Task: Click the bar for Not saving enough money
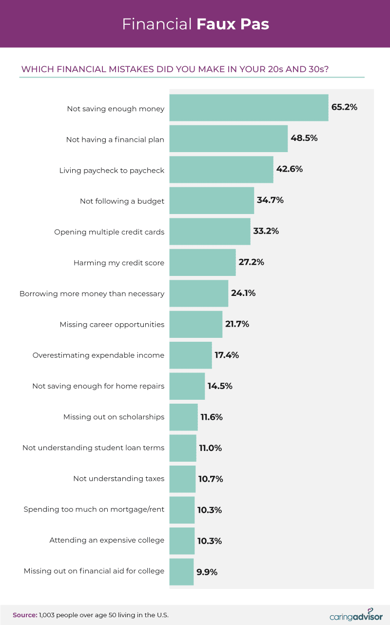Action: (x=249, y=108)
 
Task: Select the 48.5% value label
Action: (x=304, y=138)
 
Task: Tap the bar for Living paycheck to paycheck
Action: (x=221, y=170)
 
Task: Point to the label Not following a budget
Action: (x=122, y=201)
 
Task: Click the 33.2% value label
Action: (x=266, y=231)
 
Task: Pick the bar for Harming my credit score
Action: (x=202, y=263)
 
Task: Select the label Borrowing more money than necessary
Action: (x=92, y=293)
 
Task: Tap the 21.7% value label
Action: (x=236, y=324)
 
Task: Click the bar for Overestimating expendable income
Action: (x=191, y=355)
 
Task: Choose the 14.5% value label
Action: (x=219, y=386)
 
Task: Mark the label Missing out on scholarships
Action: (x=114, y=417)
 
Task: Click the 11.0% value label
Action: (x=210, y=448)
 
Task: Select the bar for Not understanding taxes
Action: (x=182, y=479)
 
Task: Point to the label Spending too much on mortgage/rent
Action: (x=94, y=509)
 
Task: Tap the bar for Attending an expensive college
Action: (x=182, y=541)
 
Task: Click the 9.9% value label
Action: (x=207, y=571)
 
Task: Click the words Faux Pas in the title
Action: (x=233, y=24)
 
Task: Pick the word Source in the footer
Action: (x=24, y=615)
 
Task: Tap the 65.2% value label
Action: (x=344, y=107)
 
